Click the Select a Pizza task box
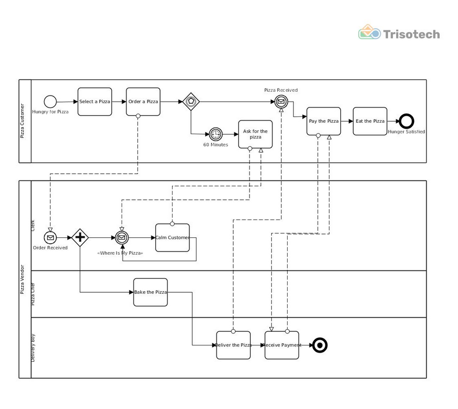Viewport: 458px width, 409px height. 94,102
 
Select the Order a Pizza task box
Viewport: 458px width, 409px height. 143,102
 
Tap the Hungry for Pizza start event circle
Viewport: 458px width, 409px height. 50,102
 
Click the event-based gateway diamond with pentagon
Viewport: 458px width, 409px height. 190,102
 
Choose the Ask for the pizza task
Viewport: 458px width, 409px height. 255,134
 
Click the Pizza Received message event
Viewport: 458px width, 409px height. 281,102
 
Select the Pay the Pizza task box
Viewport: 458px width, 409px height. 323,121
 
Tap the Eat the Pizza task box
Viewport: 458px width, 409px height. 370,121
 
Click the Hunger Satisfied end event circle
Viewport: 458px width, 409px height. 406,121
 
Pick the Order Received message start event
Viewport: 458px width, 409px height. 50,238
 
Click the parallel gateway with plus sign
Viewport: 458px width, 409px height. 80,237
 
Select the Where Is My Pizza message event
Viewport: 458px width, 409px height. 122,238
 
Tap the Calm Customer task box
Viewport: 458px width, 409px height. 173,238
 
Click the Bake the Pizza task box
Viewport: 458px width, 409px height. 150,292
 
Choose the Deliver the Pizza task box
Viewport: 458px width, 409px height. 233,345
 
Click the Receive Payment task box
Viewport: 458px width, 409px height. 282,345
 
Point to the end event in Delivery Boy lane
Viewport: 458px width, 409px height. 320,345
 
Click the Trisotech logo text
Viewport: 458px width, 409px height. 411,34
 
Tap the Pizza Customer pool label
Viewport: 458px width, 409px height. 23,121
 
